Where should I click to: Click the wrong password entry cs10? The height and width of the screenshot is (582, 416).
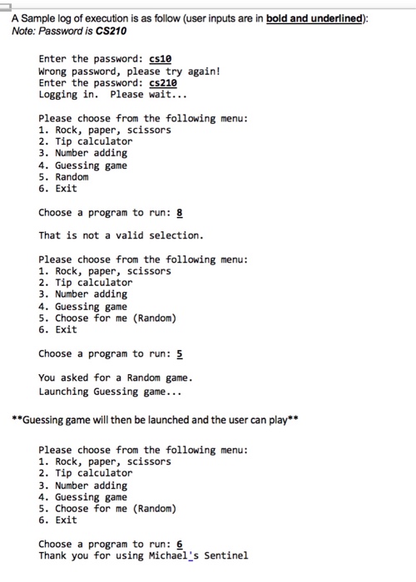click(161, 59)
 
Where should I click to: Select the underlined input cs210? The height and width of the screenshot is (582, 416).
click(164, 83)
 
